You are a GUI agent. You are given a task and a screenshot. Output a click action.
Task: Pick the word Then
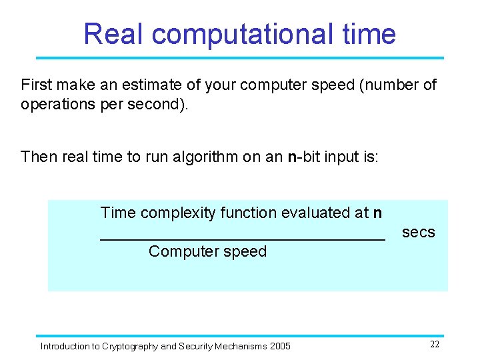pos(37,157)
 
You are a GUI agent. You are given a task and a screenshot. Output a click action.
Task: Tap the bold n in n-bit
pos(291,157)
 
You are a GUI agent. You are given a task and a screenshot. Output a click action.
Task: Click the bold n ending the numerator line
pos(378,213)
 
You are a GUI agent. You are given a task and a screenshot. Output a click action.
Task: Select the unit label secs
pos(418,233)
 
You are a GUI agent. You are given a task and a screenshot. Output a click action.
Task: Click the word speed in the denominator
pos(247,251)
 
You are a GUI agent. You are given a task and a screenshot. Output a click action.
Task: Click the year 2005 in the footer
pos(281,346)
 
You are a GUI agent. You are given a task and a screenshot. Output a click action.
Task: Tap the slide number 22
pos(434,345)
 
